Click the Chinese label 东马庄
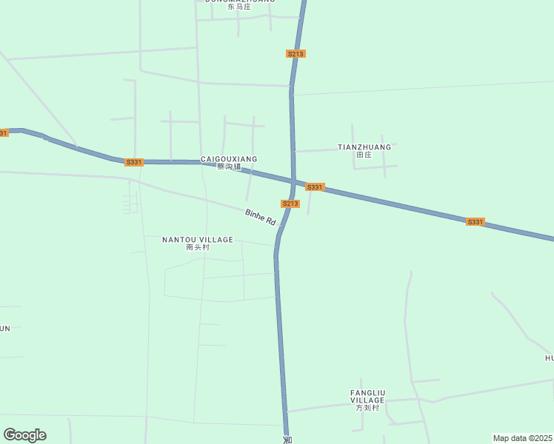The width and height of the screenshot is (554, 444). (239, 7)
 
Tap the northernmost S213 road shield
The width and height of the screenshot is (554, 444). (296, 54)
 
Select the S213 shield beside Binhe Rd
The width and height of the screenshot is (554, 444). (290, 203)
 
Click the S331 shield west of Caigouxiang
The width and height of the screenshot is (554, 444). (134, 162)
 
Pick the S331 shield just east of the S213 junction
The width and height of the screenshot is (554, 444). (315, 187)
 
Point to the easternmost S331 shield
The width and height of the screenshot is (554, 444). (475, 222)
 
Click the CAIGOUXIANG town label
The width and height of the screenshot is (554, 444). (229, 159)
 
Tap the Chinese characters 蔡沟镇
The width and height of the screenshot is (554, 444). (229, 167)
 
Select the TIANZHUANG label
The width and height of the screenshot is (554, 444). (364, 147)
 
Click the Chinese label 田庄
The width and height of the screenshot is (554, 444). (364, 155)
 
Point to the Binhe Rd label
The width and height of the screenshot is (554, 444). (260, 217)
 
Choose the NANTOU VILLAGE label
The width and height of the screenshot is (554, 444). (198, 240)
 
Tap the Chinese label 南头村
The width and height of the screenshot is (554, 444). (198, 248)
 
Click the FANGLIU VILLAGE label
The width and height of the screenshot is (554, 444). (367, 396)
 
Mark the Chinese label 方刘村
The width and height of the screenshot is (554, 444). (367, 408)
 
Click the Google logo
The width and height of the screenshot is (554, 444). (24, 435)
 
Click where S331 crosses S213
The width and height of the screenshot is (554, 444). (294, 182)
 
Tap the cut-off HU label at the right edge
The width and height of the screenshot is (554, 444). (549, 358)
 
